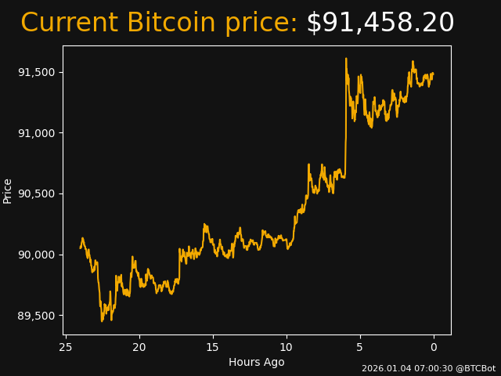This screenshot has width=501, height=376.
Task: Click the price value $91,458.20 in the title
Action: [380, 23]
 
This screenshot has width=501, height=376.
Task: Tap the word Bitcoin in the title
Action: [171, 23]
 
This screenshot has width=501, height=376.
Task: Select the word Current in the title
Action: [70, 23]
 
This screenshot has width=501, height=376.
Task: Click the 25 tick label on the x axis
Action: [66, 347]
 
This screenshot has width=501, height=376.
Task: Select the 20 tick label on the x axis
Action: [139, 347]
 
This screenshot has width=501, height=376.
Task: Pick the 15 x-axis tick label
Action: [213, 347]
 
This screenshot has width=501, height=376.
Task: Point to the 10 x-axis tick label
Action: [287, 347]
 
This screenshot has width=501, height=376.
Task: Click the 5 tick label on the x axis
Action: [360, 347]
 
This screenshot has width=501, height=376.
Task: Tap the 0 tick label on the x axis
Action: [434, 347]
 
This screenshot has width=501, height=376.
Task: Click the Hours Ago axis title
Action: [257, 362]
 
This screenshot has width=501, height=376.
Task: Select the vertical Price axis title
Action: [8, 191]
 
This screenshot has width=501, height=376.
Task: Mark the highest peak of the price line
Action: [346, 59]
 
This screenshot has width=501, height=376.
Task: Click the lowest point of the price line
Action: [102, 321]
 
